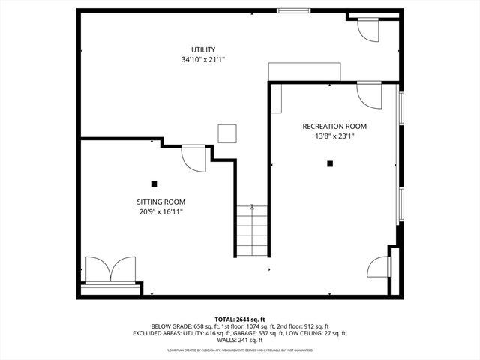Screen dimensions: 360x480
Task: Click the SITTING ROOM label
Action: [160, 202]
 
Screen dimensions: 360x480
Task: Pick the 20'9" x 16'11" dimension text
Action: [160, 212]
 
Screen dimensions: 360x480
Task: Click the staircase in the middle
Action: [252, 230]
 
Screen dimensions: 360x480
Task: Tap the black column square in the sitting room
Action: [154, 183]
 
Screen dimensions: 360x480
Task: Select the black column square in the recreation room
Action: [329, 163]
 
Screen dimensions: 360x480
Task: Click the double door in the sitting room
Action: [110, 268]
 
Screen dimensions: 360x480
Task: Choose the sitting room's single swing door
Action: [193, 158]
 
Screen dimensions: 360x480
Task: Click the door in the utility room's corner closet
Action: [369, 28]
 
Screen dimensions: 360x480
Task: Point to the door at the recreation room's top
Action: [370, 94]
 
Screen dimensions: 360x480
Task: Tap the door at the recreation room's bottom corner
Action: [379, 265]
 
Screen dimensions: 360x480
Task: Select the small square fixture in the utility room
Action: [227, 133]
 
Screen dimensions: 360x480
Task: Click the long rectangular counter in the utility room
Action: [305, 70]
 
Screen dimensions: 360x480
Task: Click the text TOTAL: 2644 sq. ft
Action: [240, 319]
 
